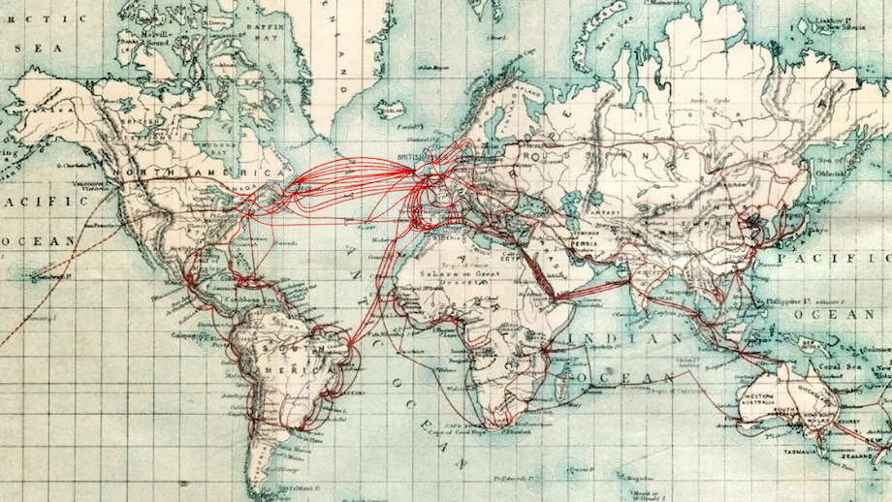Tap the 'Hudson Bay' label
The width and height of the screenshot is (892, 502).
click(217, 146)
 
